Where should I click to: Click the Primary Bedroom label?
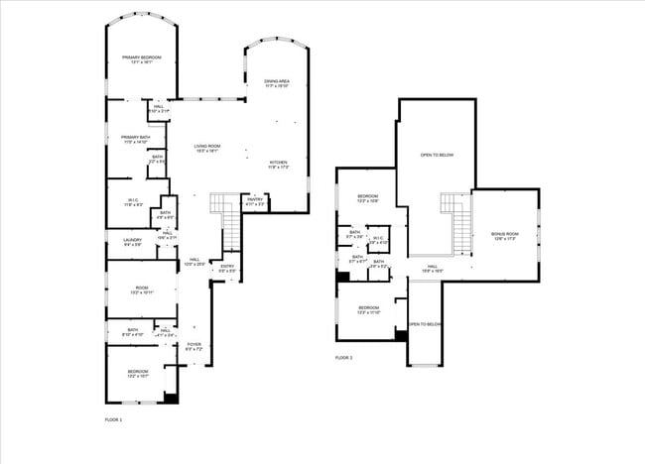pyautogui.click(x=141, y=60)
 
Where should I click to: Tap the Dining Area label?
pyautogui.click(x=277, y=83)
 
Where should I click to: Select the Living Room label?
pyautogui.click(x=207, y=149)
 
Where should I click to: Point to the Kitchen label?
pyautogui.click(x=279, y=165)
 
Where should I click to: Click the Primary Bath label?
pyautogui.click(x=134, y=140)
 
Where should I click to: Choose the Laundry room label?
pyautogui.click(x=132, y=242)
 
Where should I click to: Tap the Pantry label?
pyautogui.click(x=255, y=202)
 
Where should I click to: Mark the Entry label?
pyautogui.click(x=227, y=268)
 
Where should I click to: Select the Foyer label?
pyautogui.click(x=194, y=347)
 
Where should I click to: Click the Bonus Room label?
pyautogui.click(x=505, y=237)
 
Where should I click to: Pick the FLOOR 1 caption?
pyautogui.click(x=113, y=420)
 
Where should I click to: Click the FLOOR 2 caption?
pyautogui.click(x=343, y=357)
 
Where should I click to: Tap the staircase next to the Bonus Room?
pyautogui.click(x=457, y=220)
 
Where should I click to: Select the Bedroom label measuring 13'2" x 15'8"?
pyautogui.click(x=368, y=198)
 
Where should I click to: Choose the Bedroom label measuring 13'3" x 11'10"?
pyautogui.click(x=368, y=309)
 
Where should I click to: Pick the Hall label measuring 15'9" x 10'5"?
pyautogui.click(x=434, y=268)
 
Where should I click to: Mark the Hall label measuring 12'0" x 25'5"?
pyautogui.click(x=194, y=262)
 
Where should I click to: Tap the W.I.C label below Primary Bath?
pyautogui.click(x=133, y=202)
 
